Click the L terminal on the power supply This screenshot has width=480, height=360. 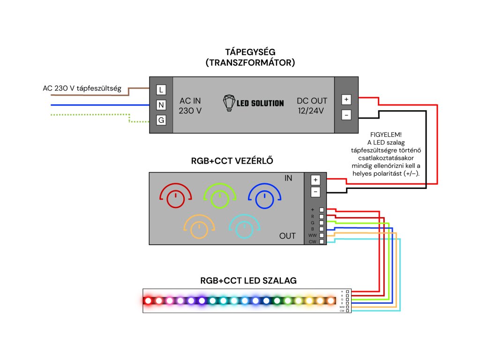161,90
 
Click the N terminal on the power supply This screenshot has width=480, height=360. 161,105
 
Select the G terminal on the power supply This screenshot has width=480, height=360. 161,120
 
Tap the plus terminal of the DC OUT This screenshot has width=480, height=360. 346,99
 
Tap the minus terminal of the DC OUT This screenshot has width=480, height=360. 346,114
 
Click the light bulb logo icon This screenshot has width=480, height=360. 229,103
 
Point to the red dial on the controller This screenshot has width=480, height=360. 176,196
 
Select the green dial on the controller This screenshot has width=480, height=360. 220,196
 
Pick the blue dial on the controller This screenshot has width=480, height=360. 264,196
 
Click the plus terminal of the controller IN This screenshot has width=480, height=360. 315,180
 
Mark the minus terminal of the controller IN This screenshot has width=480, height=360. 315,192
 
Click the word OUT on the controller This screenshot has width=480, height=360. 287,236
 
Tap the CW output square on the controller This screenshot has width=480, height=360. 322,242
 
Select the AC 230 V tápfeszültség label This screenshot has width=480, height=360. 82,88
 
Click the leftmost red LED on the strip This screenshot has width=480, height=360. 149,300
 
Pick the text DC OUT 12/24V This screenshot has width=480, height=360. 312,106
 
